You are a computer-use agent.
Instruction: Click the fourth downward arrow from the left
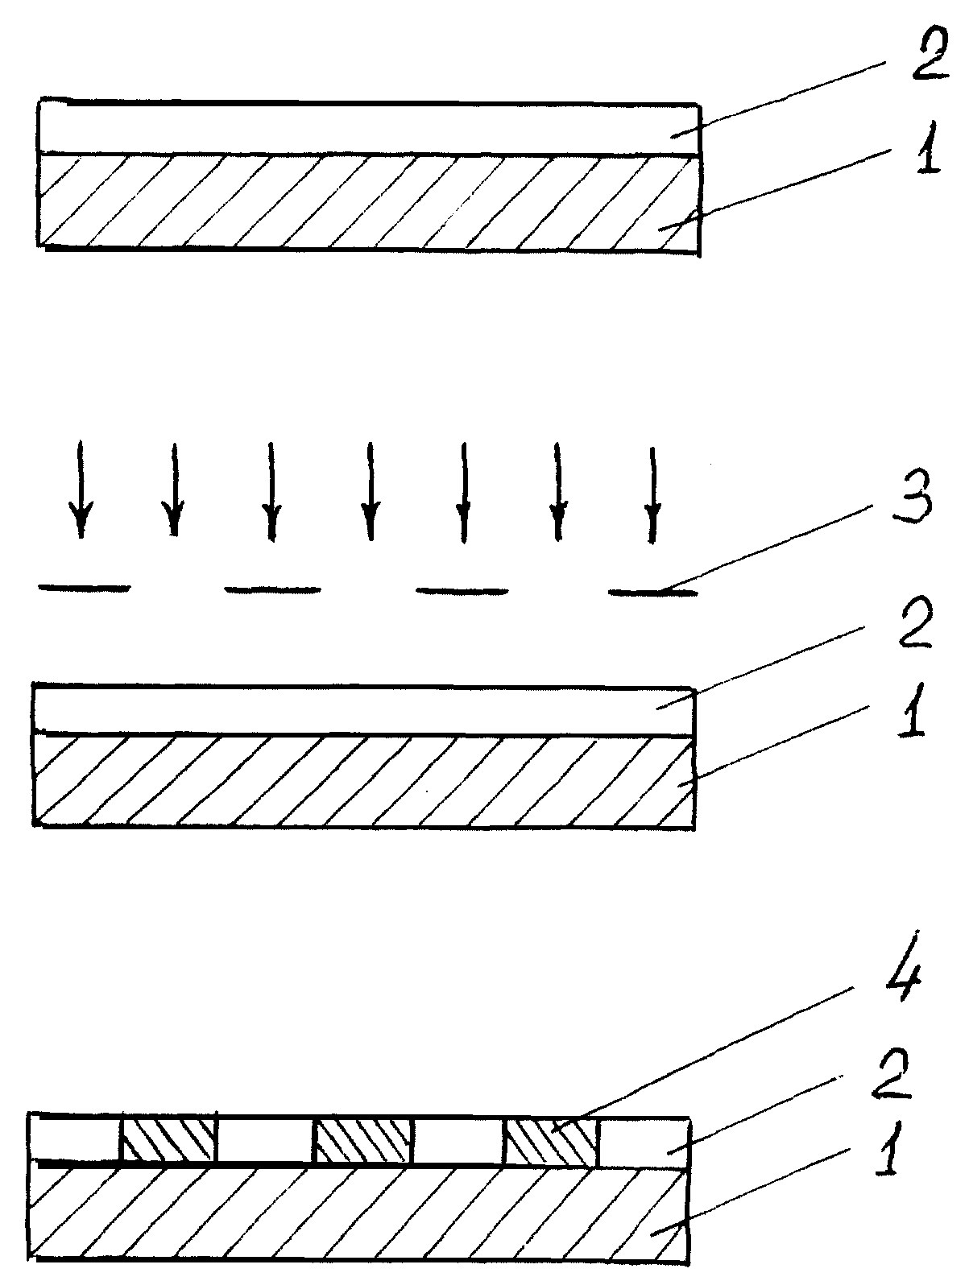pos(369,491)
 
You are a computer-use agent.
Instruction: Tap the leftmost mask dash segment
pos(84,589)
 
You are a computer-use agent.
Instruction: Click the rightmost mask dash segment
pos(652,593)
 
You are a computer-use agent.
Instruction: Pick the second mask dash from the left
pos(272,590)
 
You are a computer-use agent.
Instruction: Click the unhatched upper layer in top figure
pos(369,128)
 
